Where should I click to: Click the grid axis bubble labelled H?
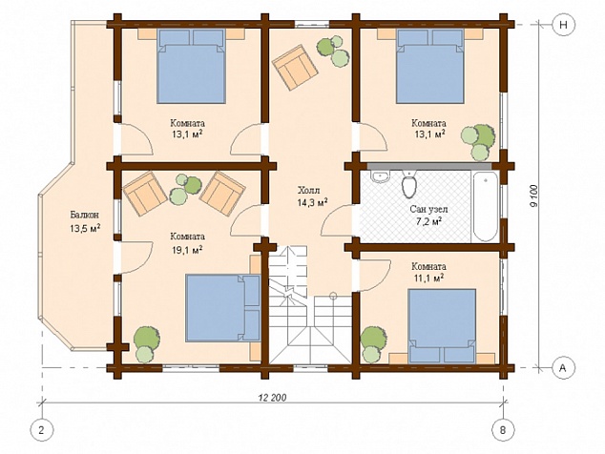563,25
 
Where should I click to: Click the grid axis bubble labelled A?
563,368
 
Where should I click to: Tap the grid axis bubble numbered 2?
41,429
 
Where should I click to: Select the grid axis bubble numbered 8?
502,429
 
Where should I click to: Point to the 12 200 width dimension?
272,398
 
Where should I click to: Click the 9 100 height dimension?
534,196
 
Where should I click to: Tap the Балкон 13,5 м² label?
85,221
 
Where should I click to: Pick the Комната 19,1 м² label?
188,243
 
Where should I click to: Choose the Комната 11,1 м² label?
428,272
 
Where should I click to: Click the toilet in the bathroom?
409,184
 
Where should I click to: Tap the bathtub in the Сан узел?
485,207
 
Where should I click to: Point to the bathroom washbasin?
381,175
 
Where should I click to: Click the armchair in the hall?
295,68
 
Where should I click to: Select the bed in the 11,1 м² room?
442,326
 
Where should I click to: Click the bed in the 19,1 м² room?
223,308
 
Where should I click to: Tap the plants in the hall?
333,52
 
